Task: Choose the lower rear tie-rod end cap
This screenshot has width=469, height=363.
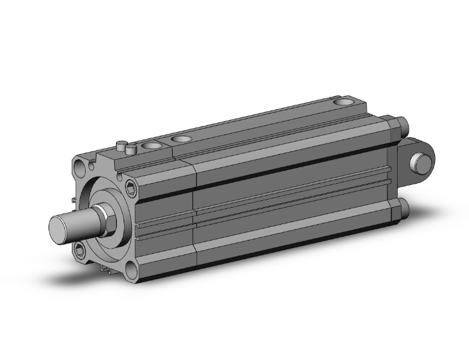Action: point(402,210)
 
